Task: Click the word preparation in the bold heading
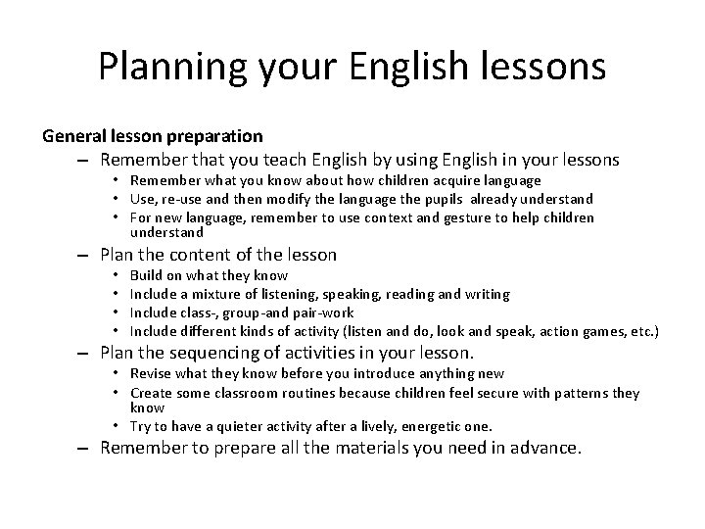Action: pyautogui.click(x=213, y=136)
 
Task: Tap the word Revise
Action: pyautogui.click(x=152, y=373)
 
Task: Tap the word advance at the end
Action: pyautogui.click(x=543, y=449)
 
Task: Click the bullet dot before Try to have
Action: pyautogui.click(x=117, y=425)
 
